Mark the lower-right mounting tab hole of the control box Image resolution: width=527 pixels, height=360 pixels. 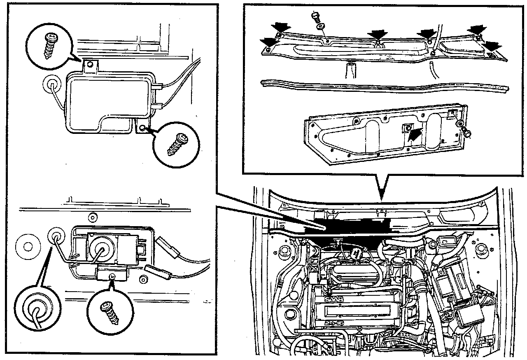click(142, 128)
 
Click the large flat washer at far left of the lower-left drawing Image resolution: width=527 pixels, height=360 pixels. click(28, 247)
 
